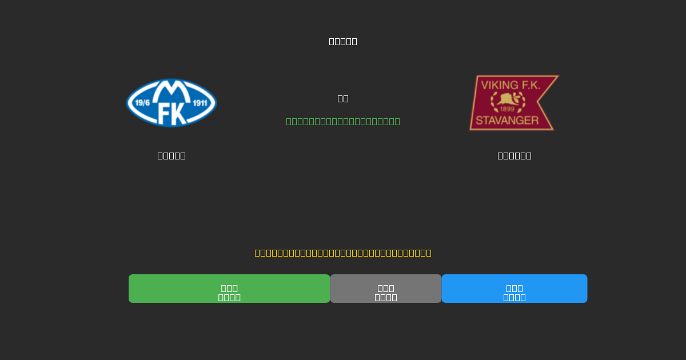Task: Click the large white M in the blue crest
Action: (171, 90)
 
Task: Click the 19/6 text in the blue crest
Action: (142, 103)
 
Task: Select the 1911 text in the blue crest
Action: (200, 103)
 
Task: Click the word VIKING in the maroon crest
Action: (499, 85)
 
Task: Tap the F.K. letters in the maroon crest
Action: (530, 85)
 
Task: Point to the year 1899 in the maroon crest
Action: (507, 109)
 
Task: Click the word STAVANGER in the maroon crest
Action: (506, 121)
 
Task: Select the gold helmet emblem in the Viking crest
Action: (507, 99)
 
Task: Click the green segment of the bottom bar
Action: (229, 289)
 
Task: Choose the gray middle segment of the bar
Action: (386, 289)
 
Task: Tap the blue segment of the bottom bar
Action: (514, 289)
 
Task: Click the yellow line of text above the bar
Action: (343, 253)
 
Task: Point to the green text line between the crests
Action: (343, 121)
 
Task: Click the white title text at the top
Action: (343, 41)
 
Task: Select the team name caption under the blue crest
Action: (171, 155)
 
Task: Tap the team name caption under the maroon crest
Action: (514, 155)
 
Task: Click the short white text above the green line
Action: (343, 98)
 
